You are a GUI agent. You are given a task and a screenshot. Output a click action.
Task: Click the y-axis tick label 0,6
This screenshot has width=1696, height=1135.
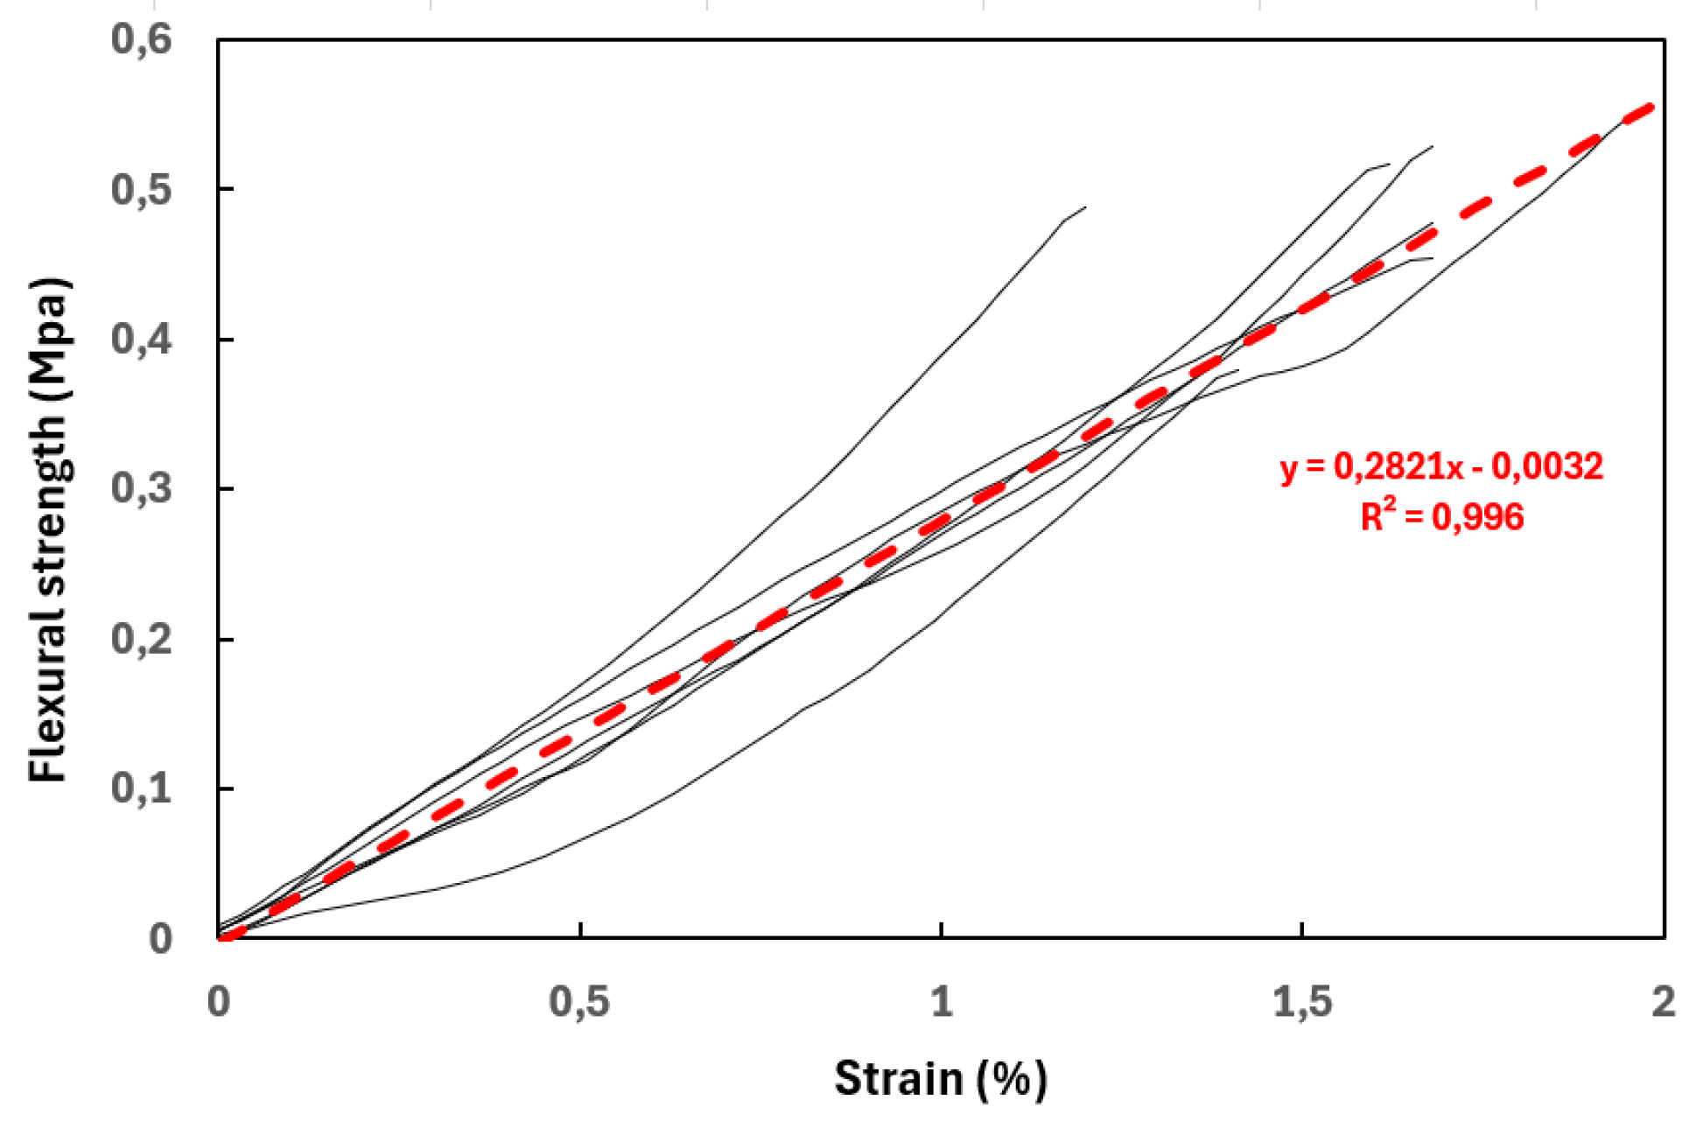tap(141, 39)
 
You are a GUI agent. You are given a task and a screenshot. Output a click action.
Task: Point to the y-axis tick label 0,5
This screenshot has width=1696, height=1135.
tap(141, 189)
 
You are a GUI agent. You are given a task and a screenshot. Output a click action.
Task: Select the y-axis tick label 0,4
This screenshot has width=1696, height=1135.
tap(141, 340)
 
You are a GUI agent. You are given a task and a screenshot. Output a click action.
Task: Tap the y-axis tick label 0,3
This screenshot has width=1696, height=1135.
tap(141, 488)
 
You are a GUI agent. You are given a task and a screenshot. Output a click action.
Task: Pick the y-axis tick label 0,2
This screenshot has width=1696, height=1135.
tap(141, 639)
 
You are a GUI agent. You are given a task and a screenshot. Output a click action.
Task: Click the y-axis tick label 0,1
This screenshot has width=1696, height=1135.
tap(141, 788)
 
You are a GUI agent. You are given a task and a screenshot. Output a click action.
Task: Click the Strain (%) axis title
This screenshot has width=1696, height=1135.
tap(940, 1078)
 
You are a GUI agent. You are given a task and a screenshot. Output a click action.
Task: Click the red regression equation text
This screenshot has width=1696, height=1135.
tap(1441, 466)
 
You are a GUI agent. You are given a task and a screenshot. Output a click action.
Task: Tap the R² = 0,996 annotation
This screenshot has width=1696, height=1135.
tap(1441, 517)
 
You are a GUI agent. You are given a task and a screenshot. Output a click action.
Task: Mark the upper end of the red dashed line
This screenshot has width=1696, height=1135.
tap(1650, 107)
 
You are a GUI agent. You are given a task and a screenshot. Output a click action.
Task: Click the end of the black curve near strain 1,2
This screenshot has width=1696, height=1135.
tap(1085, 207)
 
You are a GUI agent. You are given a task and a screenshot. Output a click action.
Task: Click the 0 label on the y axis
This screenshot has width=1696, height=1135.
tap(160, 938)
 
